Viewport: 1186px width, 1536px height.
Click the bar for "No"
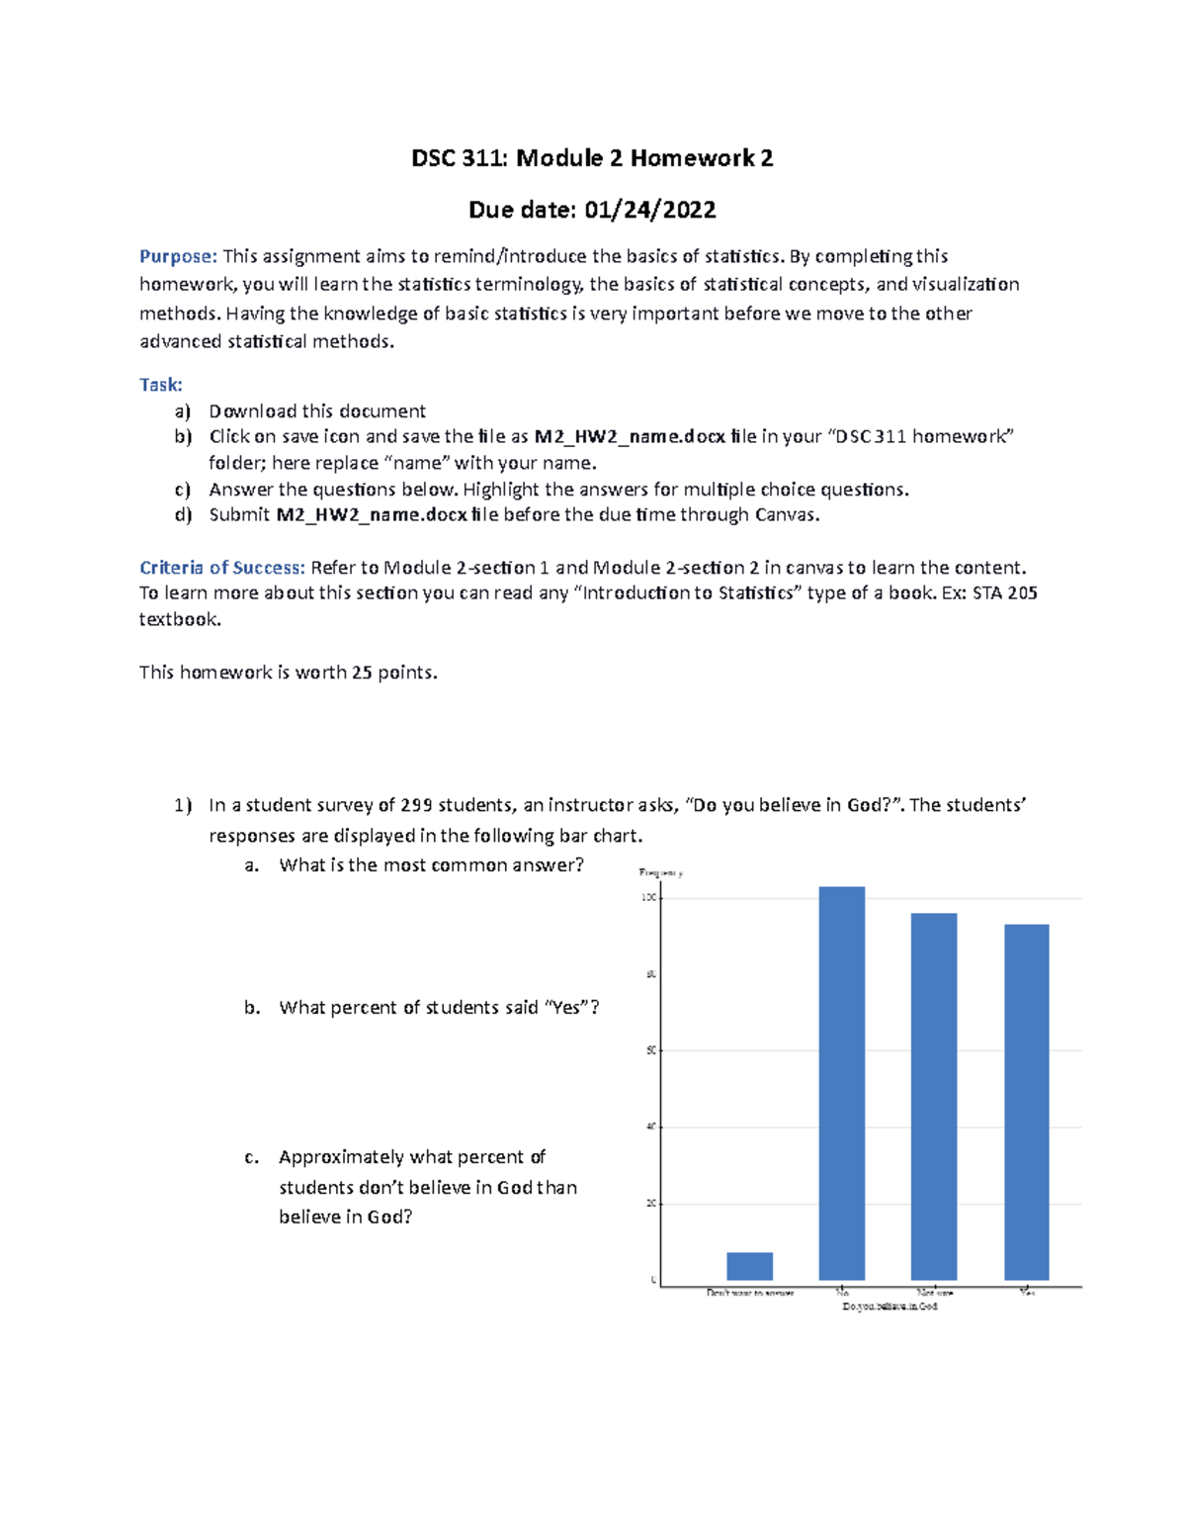coord(841,1083)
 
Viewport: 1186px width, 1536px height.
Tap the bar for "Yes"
coord(1026,1102)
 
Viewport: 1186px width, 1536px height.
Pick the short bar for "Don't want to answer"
coord(749,1266)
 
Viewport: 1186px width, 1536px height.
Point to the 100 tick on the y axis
coord(649,897)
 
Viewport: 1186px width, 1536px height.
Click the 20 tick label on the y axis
coord(650,1204)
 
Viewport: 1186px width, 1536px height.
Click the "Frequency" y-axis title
coord(661,872)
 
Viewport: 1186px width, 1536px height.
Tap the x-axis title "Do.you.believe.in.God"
coord(889,1307)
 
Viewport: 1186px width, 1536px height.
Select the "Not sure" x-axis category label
coord(934,1293)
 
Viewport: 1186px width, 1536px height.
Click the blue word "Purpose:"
coord(178,256)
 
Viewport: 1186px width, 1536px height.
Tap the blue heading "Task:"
coord(160,385)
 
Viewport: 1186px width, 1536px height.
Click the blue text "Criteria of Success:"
coord(222,568)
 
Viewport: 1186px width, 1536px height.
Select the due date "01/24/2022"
coord(649,210)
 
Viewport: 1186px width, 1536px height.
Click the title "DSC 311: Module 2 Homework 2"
coord(592,158)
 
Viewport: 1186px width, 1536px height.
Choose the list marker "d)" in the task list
coord(183,515)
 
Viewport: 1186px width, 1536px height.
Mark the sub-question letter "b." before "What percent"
coord(252,1008)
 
